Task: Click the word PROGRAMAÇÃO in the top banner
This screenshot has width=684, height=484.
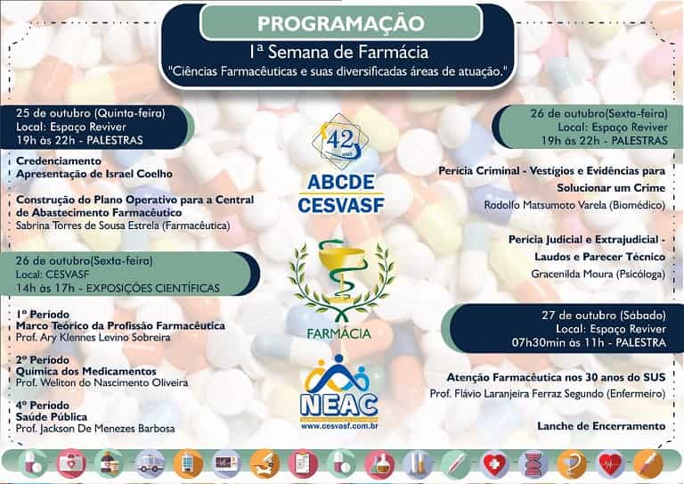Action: [341, 23]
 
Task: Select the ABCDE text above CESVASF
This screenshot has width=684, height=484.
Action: [341, 183]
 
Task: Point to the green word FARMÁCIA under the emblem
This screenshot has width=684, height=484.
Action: [339, 334]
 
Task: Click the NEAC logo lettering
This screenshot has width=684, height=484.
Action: [339, 405]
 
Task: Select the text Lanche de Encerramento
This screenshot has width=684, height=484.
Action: [601, 426]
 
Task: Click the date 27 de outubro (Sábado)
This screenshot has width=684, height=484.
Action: [604, 316]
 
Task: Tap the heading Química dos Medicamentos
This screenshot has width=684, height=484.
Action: [85, 372]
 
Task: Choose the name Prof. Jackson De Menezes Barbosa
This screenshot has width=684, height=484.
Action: [95, 429]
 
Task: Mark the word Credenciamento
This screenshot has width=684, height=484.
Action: [59, 161]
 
